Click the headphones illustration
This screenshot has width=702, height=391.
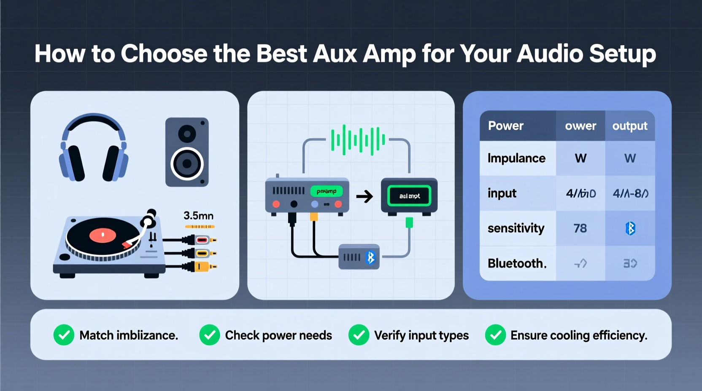(94, 147)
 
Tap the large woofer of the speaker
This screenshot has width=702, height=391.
(187, 163)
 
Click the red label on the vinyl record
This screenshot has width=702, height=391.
(103, 235)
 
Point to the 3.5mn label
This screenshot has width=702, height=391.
(198, 216)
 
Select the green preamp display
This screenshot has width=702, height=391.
(327, 191)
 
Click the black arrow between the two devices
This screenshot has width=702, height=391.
(364, 196)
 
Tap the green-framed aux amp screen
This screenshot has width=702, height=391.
(409, 196)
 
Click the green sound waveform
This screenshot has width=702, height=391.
(358, 140)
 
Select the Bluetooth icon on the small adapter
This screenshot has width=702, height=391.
(370, 257)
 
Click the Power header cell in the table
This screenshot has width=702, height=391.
(506, 126)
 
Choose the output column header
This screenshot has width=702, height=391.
(630, 126)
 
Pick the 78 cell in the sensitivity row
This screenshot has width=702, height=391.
(580, 228)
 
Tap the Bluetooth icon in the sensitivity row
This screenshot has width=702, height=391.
(630, 228)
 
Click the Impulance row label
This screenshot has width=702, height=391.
(516, 158)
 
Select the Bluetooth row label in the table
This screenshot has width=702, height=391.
(517, 263)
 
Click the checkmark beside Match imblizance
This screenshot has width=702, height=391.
(64, 335)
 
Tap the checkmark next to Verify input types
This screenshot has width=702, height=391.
(359, 335)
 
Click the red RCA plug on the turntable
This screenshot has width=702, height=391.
(202, 240)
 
